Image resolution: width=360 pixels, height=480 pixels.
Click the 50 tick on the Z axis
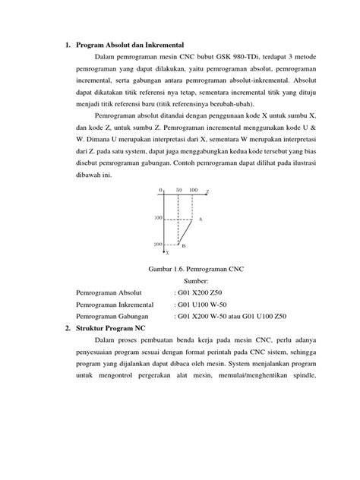178,190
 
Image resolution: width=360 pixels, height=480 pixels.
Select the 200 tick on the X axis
158,245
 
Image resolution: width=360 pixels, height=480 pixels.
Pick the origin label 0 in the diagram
160,190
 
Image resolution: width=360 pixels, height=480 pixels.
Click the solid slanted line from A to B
186,232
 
